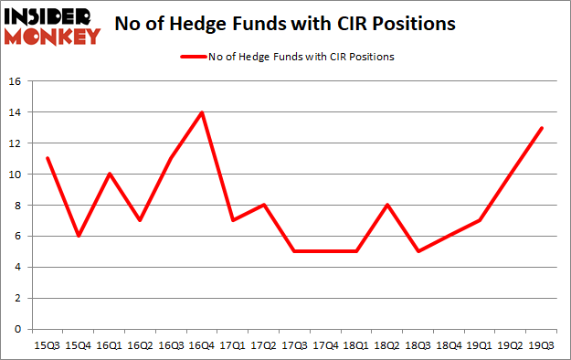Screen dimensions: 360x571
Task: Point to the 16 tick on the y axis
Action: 16,81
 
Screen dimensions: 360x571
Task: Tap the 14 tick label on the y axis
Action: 16,112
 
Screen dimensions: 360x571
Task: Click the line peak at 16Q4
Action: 201,112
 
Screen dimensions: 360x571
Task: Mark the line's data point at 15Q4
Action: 78,236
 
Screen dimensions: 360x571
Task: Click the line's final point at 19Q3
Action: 542,128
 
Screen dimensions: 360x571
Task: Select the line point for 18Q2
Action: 387,205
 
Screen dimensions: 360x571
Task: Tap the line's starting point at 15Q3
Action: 47,159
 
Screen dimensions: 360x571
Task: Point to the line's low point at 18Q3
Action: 418,251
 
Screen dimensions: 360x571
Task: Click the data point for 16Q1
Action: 109,174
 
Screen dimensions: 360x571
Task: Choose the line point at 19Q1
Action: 480,220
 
